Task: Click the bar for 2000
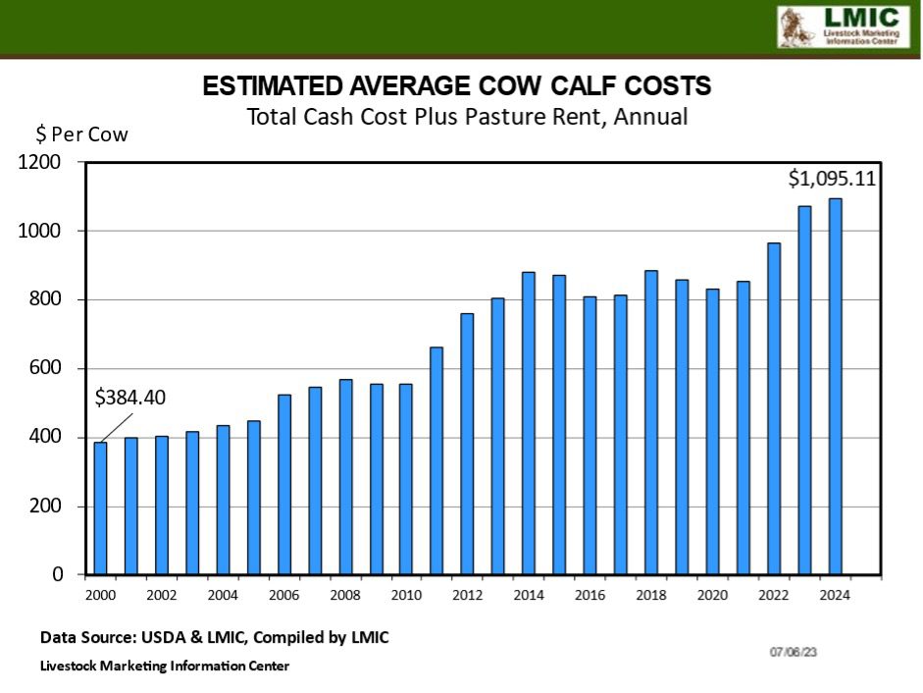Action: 100,508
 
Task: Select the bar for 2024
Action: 835,387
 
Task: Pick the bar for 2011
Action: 436,460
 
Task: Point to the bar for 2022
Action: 774,408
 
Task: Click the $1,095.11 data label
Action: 832,179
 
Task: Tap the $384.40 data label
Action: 130,398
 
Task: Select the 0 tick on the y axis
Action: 58,574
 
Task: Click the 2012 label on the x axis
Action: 468,595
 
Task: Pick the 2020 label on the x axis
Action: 712,595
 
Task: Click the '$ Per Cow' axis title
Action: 82,134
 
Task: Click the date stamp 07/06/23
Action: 793,651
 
